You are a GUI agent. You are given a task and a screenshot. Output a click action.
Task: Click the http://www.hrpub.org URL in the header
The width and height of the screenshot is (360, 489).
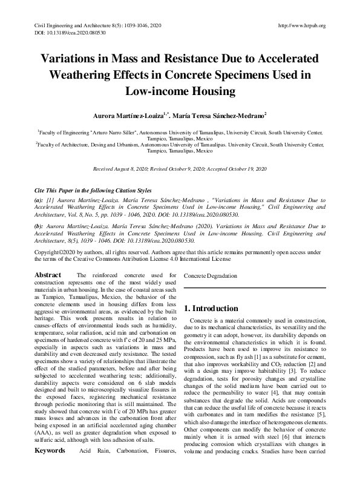[x=301, y=25]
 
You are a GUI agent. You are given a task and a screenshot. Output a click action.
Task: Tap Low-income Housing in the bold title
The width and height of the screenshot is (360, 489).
[x=180, y=91]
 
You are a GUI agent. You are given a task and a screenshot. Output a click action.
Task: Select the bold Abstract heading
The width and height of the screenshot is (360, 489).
[x=47, y=275]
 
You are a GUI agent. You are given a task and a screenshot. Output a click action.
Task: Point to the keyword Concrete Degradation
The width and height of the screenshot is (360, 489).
[x=211, y=275]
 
